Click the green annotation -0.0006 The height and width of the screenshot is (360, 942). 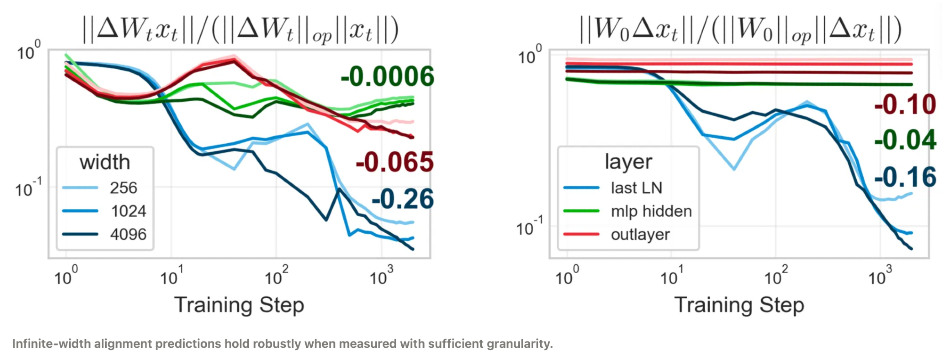(387, 77)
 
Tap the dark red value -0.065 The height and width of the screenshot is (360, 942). (394, 162)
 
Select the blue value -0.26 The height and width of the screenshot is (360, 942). (403, 199)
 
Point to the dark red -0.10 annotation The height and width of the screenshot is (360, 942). (905, 105)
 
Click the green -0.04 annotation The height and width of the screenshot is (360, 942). (905, 140)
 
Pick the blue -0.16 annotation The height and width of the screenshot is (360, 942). (905, 177)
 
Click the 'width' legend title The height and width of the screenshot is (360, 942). (105, 162)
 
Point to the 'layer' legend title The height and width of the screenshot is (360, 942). (628, 162)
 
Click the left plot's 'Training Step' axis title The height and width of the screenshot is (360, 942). (239, 305)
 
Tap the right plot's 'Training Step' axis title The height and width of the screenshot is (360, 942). (739, 305)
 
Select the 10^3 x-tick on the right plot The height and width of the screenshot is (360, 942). (880, 276)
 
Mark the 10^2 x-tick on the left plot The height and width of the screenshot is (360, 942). (276, 276)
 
